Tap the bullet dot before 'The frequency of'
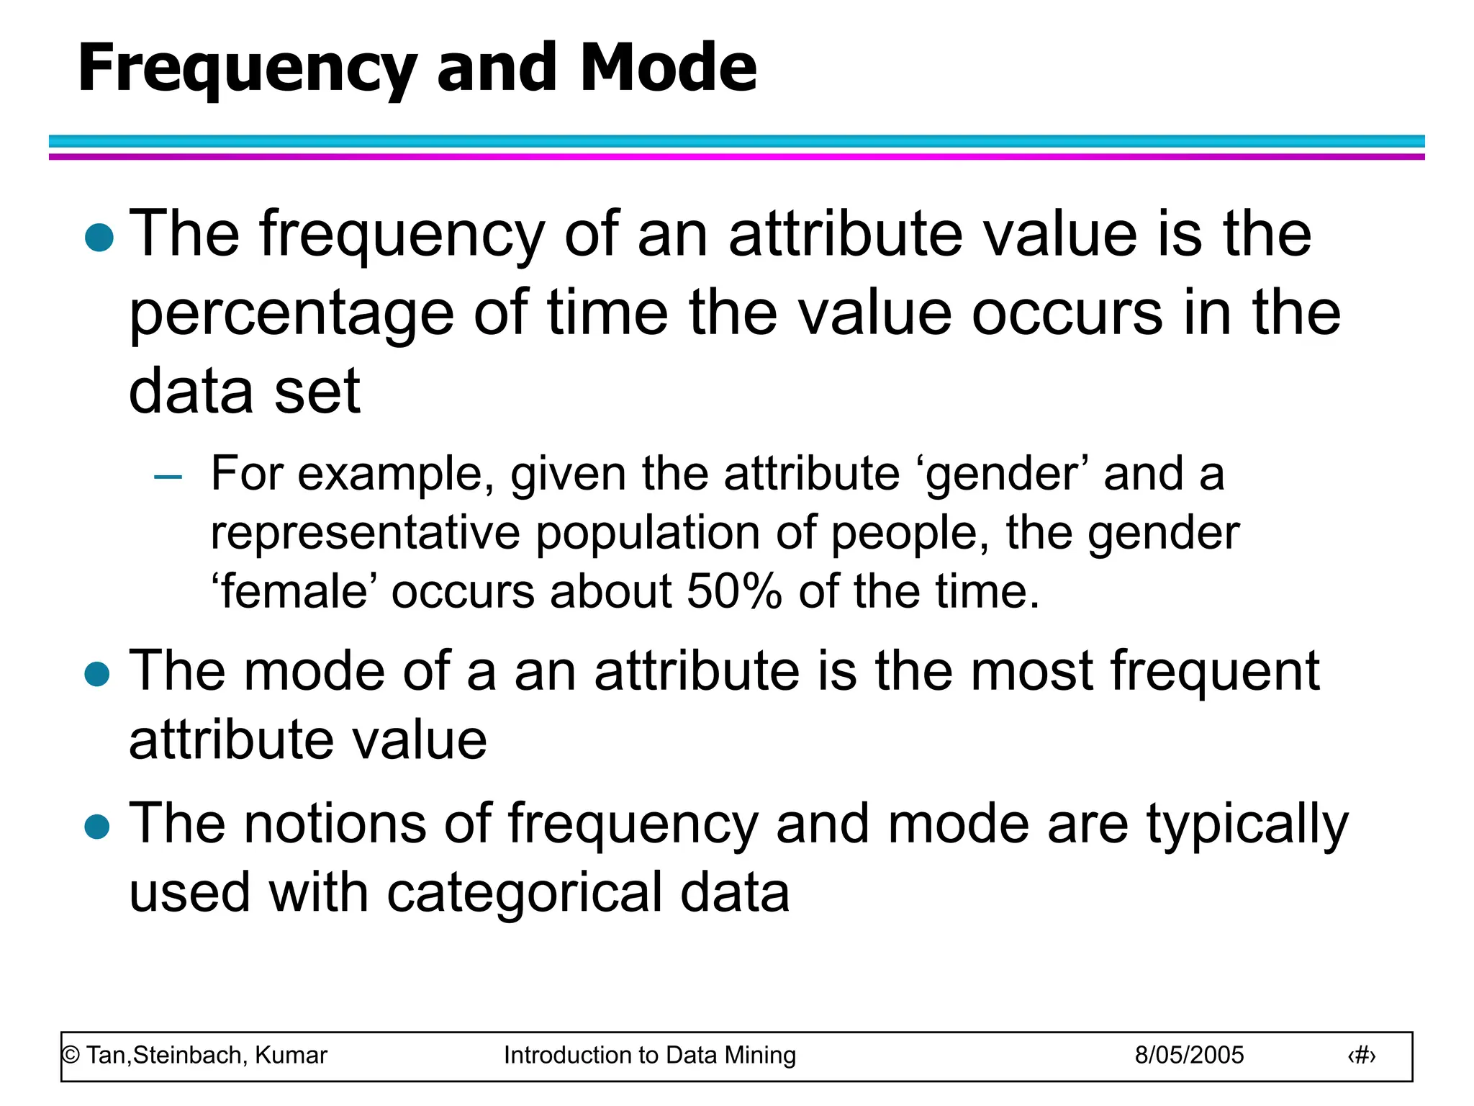click(x=99, y=238)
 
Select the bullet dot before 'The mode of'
click(x=97, y=675)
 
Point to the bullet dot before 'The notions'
click(x=97, y=827)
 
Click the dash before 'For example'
click(x=168, y=477)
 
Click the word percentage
click(x=291, y=315)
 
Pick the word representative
click(x=365, y=534)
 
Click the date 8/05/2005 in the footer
click(x=1189, y=1056)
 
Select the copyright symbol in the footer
click(x=71, y=1056)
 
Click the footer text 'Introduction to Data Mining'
click(x=649, y=1056)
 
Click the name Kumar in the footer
click(x=291, y=1056)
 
